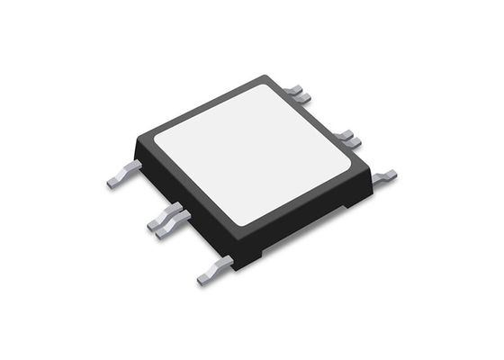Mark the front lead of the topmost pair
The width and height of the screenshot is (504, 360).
tap(303, 97)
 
